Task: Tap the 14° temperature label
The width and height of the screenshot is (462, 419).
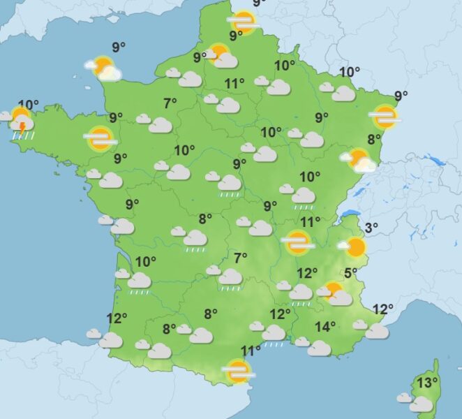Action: pyautogui.click(x=325, y=326)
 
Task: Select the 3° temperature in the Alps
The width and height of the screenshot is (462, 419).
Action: pyautogui.click(x=371, y=227)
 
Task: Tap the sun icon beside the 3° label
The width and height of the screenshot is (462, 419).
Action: pyautogui.click(x=355, y=247)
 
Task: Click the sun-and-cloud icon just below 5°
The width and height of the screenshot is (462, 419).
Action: pyautogui.click(x=336, y=293)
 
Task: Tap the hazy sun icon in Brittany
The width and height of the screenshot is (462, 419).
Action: pyautogui.click(x=100, y=138)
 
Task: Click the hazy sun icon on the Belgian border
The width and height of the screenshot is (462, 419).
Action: pyautogui.click(x=244, y=22)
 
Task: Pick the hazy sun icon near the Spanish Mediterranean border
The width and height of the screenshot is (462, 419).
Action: pyautogui.click(x=238, y=372)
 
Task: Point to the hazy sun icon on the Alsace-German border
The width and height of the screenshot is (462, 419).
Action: pyautogui.click(x=385, y=117)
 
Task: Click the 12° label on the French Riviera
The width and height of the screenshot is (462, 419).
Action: pyautogui.click(x=383, y=309)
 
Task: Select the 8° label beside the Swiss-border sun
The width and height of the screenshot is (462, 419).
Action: pyautogui.click(x=374, y=139)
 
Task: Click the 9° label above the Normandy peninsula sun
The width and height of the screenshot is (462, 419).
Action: pyautogui.click(x=119, y=47)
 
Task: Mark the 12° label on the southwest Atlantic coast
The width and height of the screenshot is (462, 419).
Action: pyautogui.click(x=117, y=318)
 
